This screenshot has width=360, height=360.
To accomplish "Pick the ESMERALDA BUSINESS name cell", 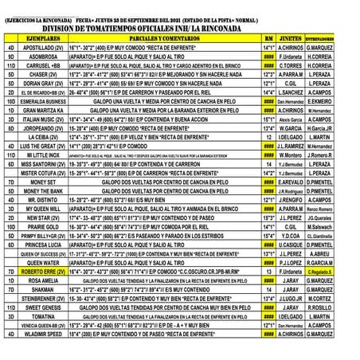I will [x=43, y=102].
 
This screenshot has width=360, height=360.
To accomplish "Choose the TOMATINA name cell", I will [x=43, y=315].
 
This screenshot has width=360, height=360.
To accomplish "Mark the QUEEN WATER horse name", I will [x=43, y=262].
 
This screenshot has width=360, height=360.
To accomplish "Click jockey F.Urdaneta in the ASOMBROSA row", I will [x=291, y=57].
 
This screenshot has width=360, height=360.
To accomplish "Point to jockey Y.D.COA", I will [x=291, y=236].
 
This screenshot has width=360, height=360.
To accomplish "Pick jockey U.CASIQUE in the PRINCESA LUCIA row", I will [x=291, y=245].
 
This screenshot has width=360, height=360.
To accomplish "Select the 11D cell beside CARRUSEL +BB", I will [x=11, y=65].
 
